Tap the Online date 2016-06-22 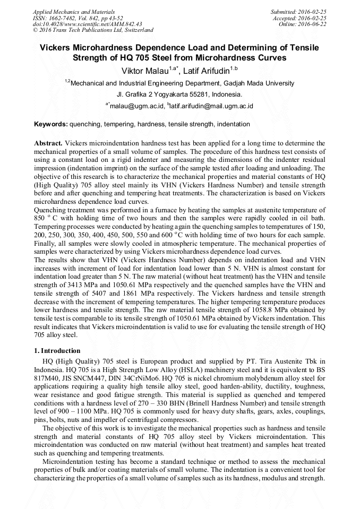point(312,24)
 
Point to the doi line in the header point(87,24)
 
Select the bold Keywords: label point(51,124)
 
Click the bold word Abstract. point(48,144)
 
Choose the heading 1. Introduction point(57,351)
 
